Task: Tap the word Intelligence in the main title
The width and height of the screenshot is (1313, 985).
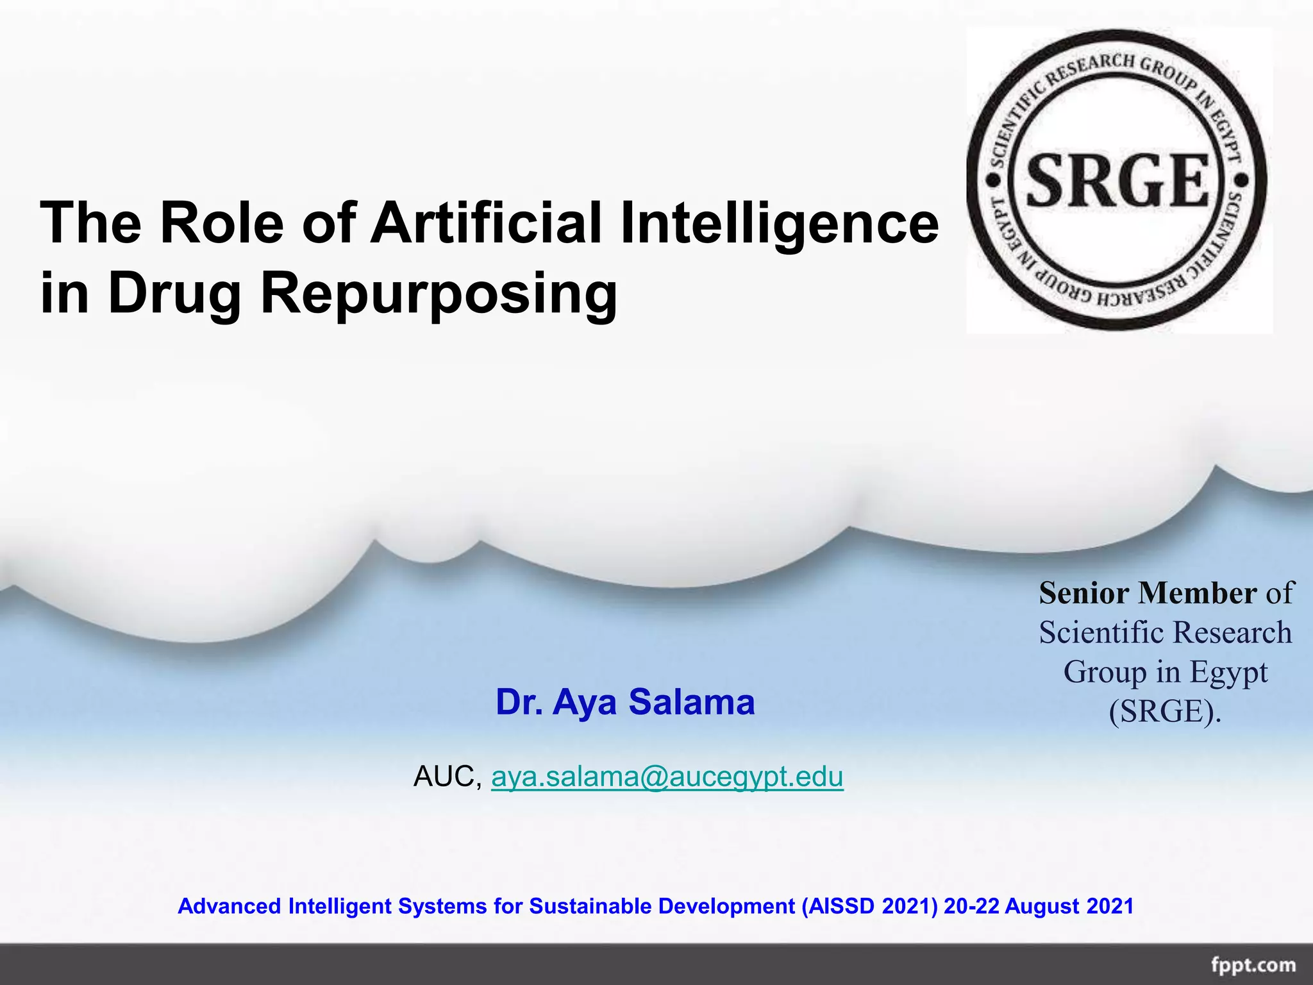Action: [x=779, y=224]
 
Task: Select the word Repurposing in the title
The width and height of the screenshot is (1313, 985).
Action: [x=439, y=294]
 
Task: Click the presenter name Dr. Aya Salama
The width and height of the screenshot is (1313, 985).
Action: [x=625, y=702]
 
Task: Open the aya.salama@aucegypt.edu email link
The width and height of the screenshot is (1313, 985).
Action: [x=667, y=777]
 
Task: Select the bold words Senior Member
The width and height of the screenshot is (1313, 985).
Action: [x=1148, y=593]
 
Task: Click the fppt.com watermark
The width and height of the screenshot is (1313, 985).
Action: [x=1253, y=965]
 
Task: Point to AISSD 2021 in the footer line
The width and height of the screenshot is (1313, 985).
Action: [x=869, y=906]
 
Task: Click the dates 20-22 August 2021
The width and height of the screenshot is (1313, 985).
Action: [x=1039, y=906]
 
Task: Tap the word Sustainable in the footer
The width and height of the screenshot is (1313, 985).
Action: [x=590, y=906]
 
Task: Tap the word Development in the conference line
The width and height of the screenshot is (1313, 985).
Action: [x=726, y=906]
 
